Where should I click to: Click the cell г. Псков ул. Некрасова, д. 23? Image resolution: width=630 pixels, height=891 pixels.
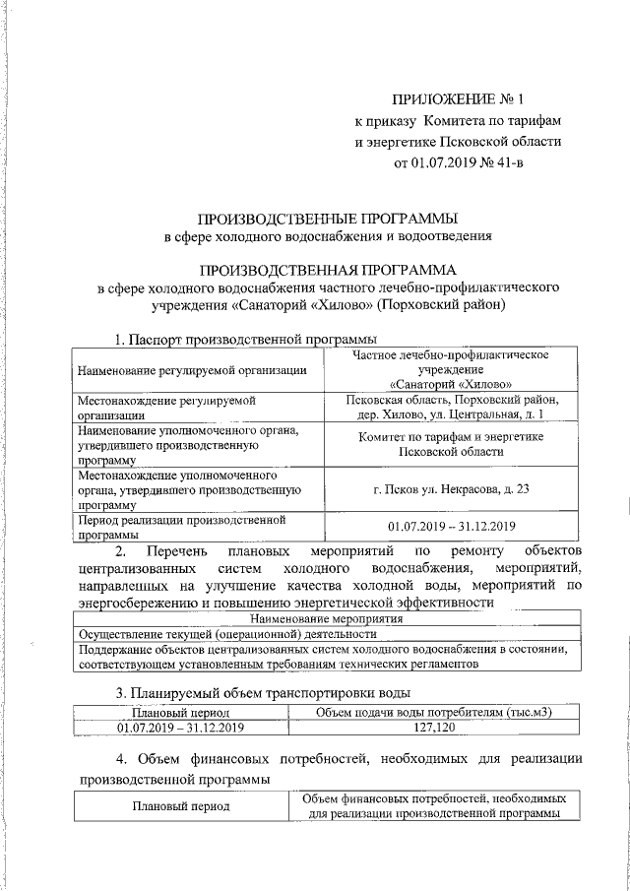(458, 489)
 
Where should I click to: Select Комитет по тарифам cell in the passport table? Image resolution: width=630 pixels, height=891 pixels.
(458, 443)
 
